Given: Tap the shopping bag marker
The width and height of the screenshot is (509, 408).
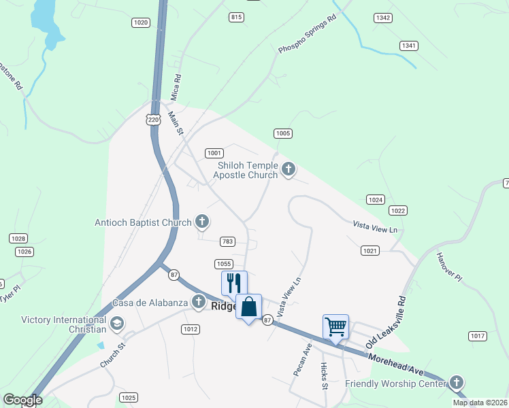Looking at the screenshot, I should coord(248,307).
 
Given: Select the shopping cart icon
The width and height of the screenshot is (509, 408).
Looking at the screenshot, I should coord(335,326).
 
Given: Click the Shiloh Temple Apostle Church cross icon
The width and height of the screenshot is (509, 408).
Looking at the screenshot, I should coord(289,169).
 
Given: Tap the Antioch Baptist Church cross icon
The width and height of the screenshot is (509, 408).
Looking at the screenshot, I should coord(201,220).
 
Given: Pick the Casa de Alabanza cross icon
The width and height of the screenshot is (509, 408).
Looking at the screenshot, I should coord(199,302).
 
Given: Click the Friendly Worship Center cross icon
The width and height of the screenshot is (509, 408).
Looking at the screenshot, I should coord(456,383).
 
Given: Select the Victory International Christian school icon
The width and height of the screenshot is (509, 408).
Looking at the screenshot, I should coord(116,322).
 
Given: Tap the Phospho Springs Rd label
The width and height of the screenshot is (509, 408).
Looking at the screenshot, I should coord(308,37).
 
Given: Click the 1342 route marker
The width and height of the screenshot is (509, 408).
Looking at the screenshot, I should coord(382,18).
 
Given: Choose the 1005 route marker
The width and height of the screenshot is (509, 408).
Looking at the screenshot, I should coord(283,133).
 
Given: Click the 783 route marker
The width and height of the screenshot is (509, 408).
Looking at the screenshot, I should coord(227,241).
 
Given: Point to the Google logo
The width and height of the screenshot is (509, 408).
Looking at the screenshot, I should coord(22,400).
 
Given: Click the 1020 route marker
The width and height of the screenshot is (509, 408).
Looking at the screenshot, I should coord(140,22).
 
